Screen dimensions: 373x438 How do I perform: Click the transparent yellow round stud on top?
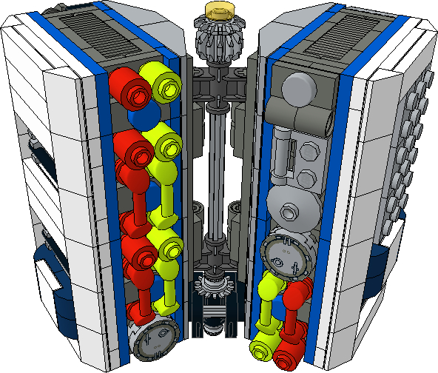(220, 10)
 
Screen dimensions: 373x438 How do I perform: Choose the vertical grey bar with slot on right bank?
(286, 152)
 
